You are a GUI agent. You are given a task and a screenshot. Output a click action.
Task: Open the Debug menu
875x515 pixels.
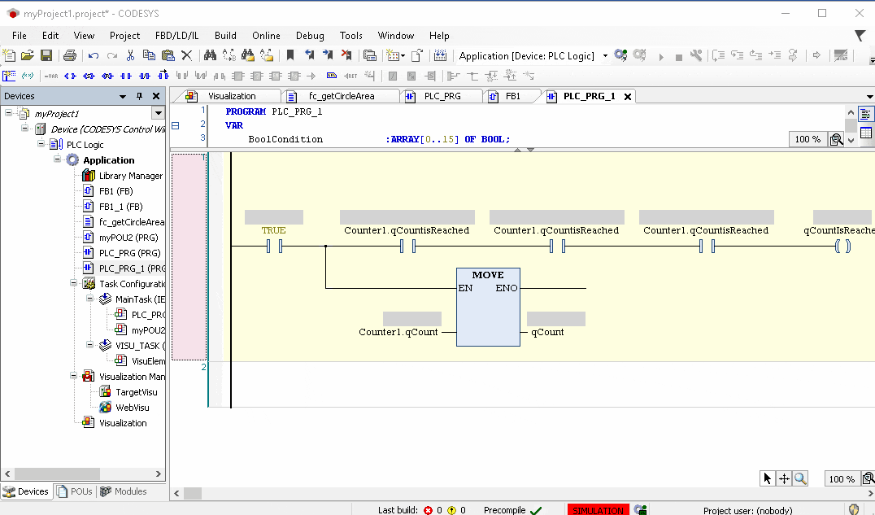[x=310, y=36]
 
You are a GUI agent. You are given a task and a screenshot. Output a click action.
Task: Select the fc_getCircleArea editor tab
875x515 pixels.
[x=341, y=96]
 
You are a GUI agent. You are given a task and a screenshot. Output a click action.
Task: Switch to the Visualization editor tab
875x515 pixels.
[x=231, y=96]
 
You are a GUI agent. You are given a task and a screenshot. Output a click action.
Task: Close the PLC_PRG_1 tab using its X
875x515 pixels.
[x=627, y=96]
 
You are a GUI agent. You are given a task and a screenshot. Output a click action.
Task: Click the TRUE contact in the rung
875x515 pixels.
[x=273, y=245]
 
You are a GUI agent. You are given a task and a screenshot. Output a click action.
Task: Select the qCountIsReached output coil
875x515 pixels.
[x=842, y=245]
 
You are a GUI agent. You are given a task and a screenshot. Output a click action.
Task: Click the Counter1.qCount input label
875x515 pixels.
[x=398, y=332]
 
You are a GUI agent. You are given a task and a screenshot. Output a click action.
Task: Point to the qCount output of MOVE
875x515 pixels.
[x=547, y=332]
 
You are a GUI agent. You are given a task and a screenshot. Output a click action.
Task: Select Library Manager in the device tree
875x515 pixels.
[x=130, y=176]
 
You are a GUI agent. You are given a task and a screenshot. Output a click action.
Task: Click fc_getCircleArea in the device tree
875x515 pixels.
[x=131, y=222]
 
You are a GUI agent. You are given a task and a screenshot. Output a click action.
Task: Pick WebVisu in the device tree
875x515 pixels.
[x=132, y=408]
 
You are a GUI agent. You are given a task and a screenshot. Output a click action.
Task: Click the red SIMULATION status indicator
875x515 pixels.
[x=598, y=510]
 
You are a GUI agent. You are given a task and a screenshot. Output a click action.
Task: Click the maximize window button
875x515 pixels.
[x=822, y=13]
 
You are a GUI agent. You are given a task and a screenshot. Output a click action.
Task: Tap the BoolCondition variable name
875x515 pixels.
[x=285, y=139]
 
